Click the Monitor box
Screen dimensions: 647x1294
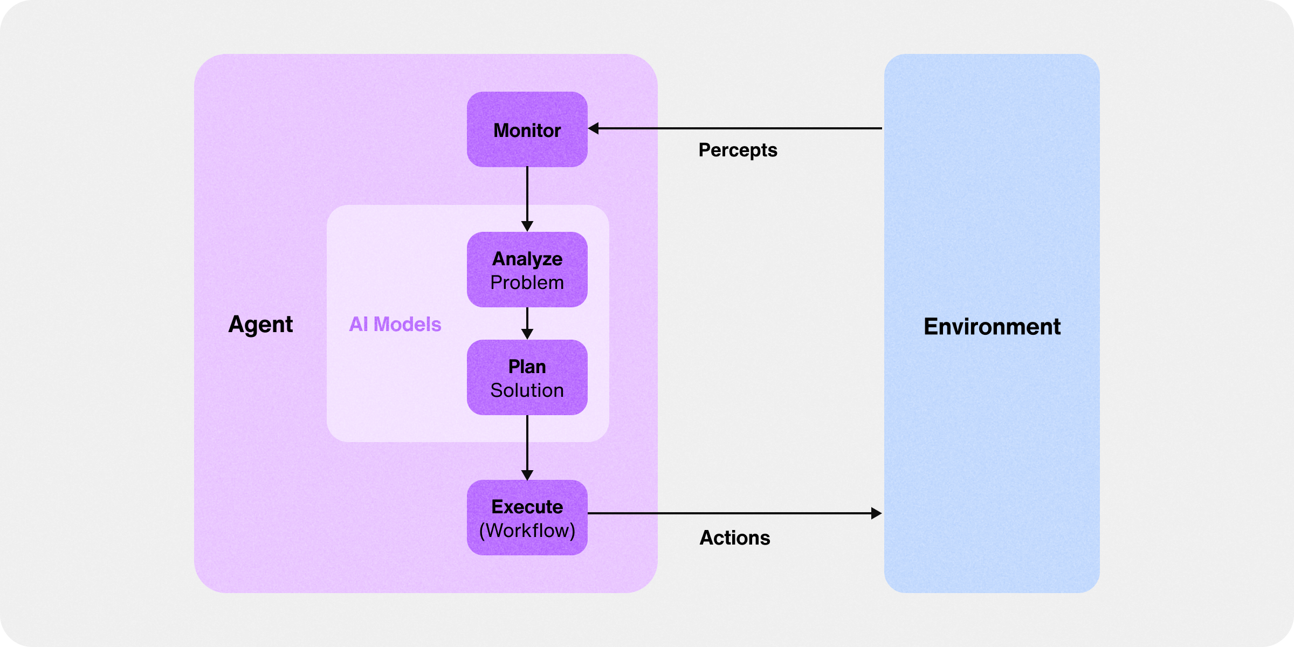[x=527, y=129]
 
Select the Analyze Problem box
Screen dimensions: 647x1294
[x=527, y=270]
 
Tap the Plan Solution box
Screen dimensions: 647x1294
[x=527, y=377]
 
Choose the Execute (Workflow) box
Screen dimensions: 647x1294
[x=527, y=518]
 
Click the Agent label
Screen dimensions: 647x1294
[x=260, y=325]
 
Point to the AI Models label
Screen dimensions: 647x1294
[x=395, y=325]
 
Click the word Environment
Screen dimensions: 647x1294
[x=992, y=327]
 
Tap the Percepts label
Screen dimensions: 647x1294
[x=738, y=150]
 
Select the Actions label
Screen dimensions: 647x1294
[x=734, y=538]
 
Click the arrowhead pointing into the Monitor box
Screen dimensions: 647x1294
[x=594, y=128]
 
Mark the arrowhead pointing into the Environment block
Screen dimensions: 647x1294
[x=876, y=513]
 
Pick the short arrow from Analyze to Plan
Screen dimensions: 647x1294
[x=527, y=322]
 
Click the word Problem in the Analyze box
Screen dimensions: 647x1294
[x=527, y=283]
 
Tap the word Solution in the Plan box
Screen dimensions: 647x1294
[x=527, y=390]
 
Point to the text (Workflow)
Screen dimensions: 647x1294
[x=527, y=531]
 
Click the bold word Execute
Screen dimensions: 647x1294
[x=527, y=507]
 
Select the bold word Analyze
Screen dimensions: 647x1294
[x=527, y=259]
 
